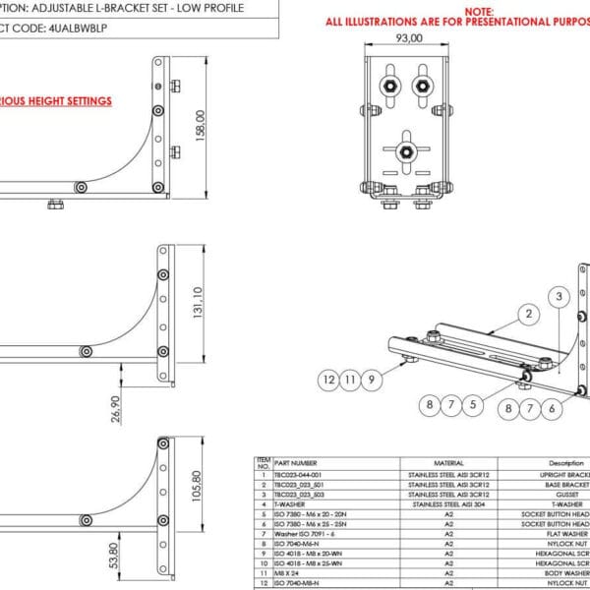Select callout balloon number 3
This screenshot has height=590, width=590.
pyautogui.click(x=559, y=296)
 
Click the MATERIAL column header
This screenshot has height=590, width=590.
pyautogui.click(x=448, y=462)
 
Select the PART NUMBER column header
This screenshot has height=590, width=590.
pyautogui.click(x=296, y=462)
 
